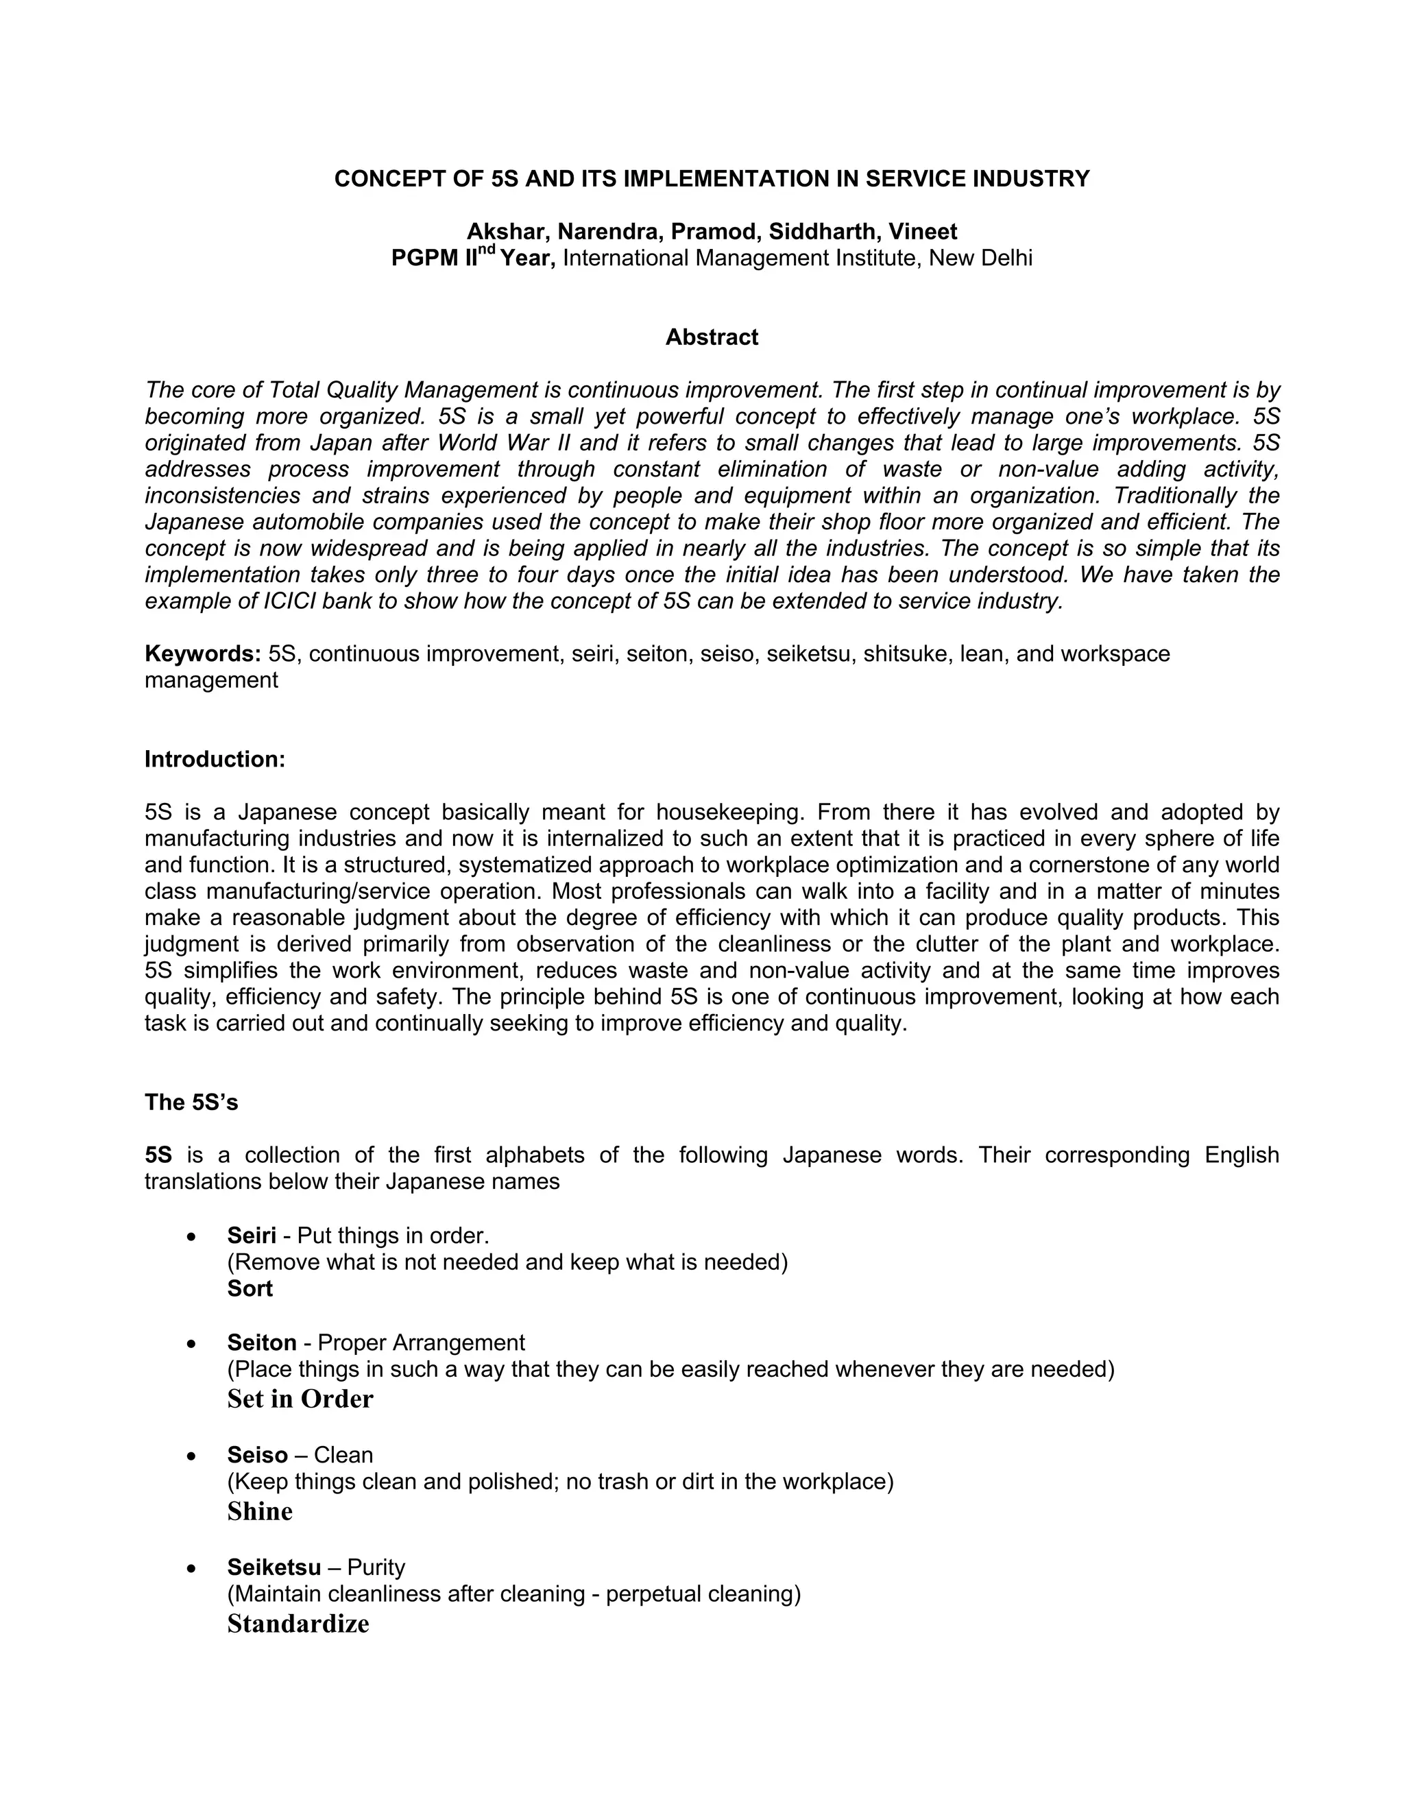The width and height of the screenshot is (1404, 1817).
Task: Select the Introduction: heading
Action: pos(215,759)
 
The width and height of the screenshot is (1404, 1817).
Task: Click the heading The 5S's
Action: pos(191,1103)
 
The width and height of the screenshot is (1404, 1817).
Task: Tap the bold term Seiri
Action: pos(251,1236)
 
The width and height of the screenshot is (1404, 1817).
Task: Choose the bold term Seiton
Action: pos(262,1343)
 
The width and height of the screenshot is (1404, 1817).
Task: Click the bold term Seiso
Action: pos(257,1454)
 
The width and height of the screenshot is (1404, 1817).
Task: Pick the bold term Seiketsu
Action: pos(274,1567)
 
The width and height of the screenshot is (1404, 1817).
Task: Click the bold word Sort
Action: pos(250,1289)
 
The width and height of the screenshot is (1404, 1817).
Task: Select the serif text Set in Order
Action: pos(300,1399)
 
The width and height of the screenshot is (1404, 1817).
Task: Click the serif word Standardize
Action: pos(298,1623)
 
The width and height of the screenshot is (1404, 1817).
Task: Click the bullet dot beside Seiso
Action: pos(192,1456)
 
